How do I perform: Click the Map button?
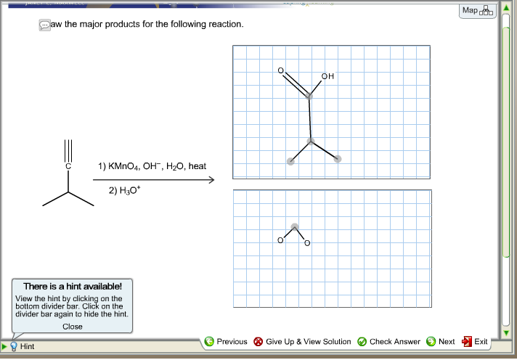click(x=478, y=11)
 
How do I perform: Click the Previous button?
click(x=226, y=341)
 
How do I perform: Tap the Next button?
click(x=441, y=341)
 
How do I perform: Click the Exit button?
click(x=475, y=341)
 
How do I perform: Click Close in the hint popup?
click(x=73, y=327)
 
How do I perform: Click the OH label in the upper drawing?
click(x=327, y=75)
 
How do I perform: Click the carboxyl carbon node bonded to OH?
click(x=309, y=95)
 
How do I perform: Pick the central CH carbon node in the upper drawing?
click(x=311, y=141)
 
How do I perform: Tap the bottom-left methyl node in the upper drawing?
click(x=290, y=161)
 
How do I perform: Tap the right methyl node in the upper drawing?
click(x=338, y=159)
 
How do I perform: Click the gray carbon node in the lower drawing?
click(x=294, y=226)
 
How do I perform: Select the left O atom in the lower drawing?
click(x=280, y=241)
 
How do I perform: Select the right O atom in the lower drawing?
click(x=307, y=242)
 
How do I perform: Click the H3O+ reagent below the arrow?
click(x=123, y=191)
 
